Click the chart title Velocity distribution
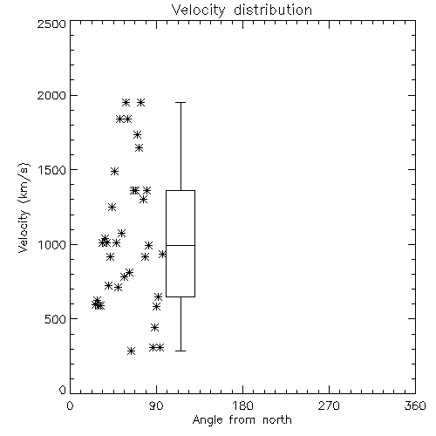(x=242, y=10)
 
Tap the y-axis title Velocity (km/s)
(x=24, y=208)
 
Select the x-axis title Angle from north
(x=242, y=420)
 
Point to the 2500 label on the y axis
(x=51, y=24)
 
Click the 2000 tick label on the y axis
(x=51, y=96)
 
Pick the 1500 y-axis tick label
(x=52, y=170)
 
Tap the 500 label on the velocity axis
(x=56, y=319)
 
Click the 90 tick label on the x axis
(x=157, y=405)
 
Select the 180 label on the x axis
(x=242, y=405)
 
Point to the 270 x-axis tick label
(x=329, y=405)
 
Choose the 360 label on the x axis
(x=415, y=405)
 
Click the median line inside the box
(x=181, y=245)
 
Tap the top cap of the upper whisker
(x=181, y=102)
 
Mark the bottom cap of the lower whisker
(x=181, y=351)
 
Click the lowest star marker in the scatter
(x=132, y=351)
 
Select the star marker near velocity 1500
(x=115, y=171)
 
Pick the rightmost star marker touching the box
(x=162, y=254)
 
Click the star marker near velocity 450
(x=155, y=327)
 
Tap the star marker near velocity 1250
(x=112, y=207)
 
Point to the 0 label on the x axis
(x=70, y=405)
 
